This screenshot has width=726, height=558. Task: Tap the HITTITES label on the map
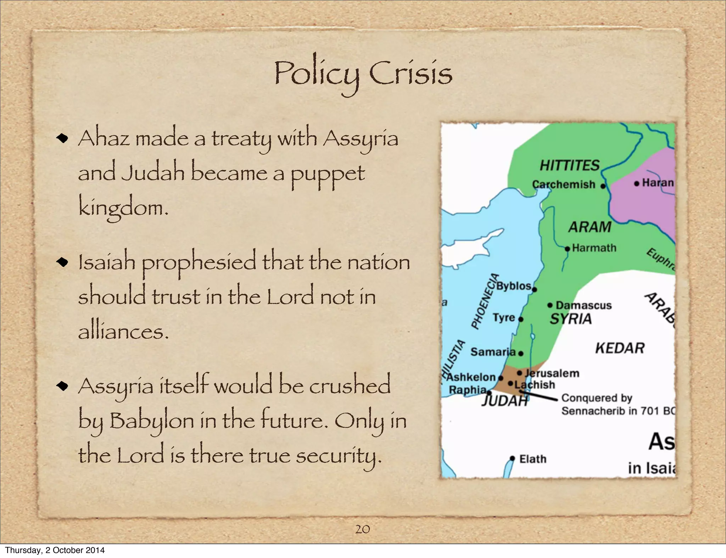click(x=569, y=165)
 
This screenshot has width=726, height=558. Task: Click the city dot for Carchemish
click(x=603, y=186)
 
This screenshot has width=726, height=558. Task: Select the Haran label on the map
click(x=658, y=183)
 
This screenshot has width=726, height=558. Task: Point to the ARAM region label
click(x=590, y=227)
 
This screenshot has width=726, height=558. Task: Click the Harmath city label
click(x=594, y=248)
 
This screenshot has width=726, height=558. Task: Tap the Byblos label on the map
click(x=514, y=286)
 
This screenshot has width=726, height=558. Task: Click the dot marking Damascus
click(x=550, y=305)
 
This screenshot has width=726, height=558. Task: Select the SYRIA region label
click(x=571, y=319)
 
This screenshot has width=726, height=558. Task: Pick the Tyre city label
click(x=504, y=318)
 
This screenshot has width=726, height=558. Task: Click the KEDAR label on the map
click(x=620, y=348)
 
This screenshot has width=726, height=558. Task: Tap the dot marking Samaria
click(x=521, y=353)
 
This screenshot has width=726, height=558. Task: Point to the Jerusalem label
click(x=552, y=373)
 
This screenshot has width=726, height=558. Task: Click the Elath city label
click(x=533, y=459)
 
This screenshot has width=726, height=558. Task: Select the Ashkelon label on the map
click(x=471, y=377)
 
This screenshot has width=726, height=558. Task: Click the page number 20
click(x=362, y=529)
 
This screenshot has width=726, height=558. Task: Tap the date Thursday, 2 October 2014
click(x=55, y=550)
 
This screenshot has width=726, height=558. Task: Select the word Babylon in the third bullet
click(x=152, y=421)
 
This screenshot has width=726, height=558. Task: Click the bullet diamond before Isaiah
click(x=62, y=262)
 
